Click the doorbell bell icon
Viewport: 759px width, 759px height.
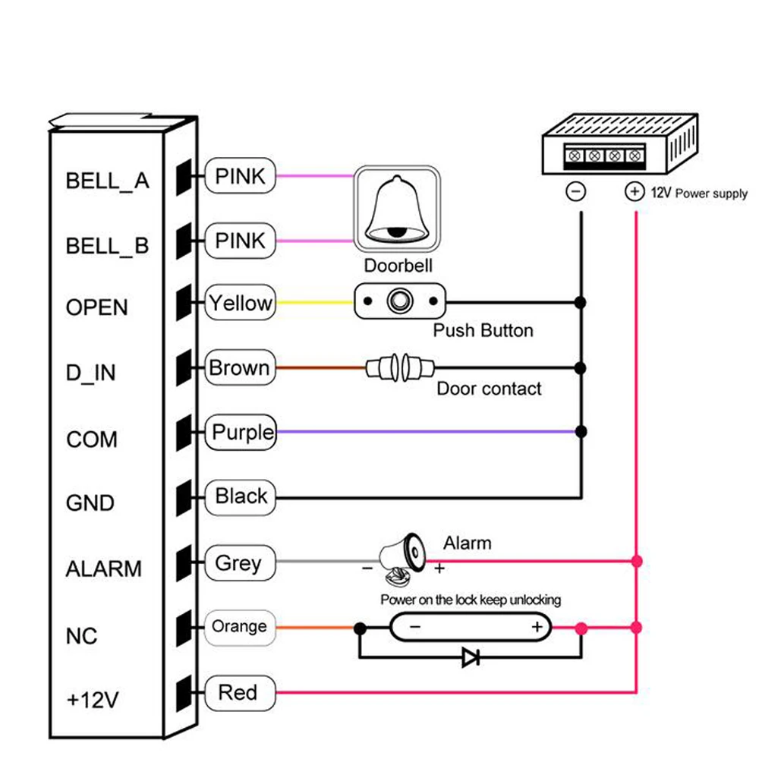[396, 210]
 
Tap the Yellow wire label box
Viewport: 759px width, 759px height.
[241, 304]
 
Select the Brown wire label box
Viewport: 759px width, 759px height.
[239, 369]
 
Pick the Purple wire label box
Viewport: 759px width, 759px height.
[242, 433]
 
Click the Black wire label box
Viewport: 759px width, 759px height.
[241, 497]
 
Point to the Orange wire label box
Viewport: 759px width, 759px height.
[239, 627]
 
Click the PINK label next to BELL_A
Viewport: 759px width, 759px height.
[241, 177]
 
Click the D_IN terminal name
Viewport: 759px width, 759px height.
[91, 373]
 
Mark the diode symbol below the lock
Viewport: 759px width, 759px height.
[471, 658]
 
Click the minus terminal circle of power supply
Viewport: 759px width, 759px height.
[577, 192]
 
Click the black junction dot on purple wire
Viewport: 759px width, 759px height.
[581, 432]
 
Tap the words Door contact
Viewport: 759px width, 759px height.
[489, 389]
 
